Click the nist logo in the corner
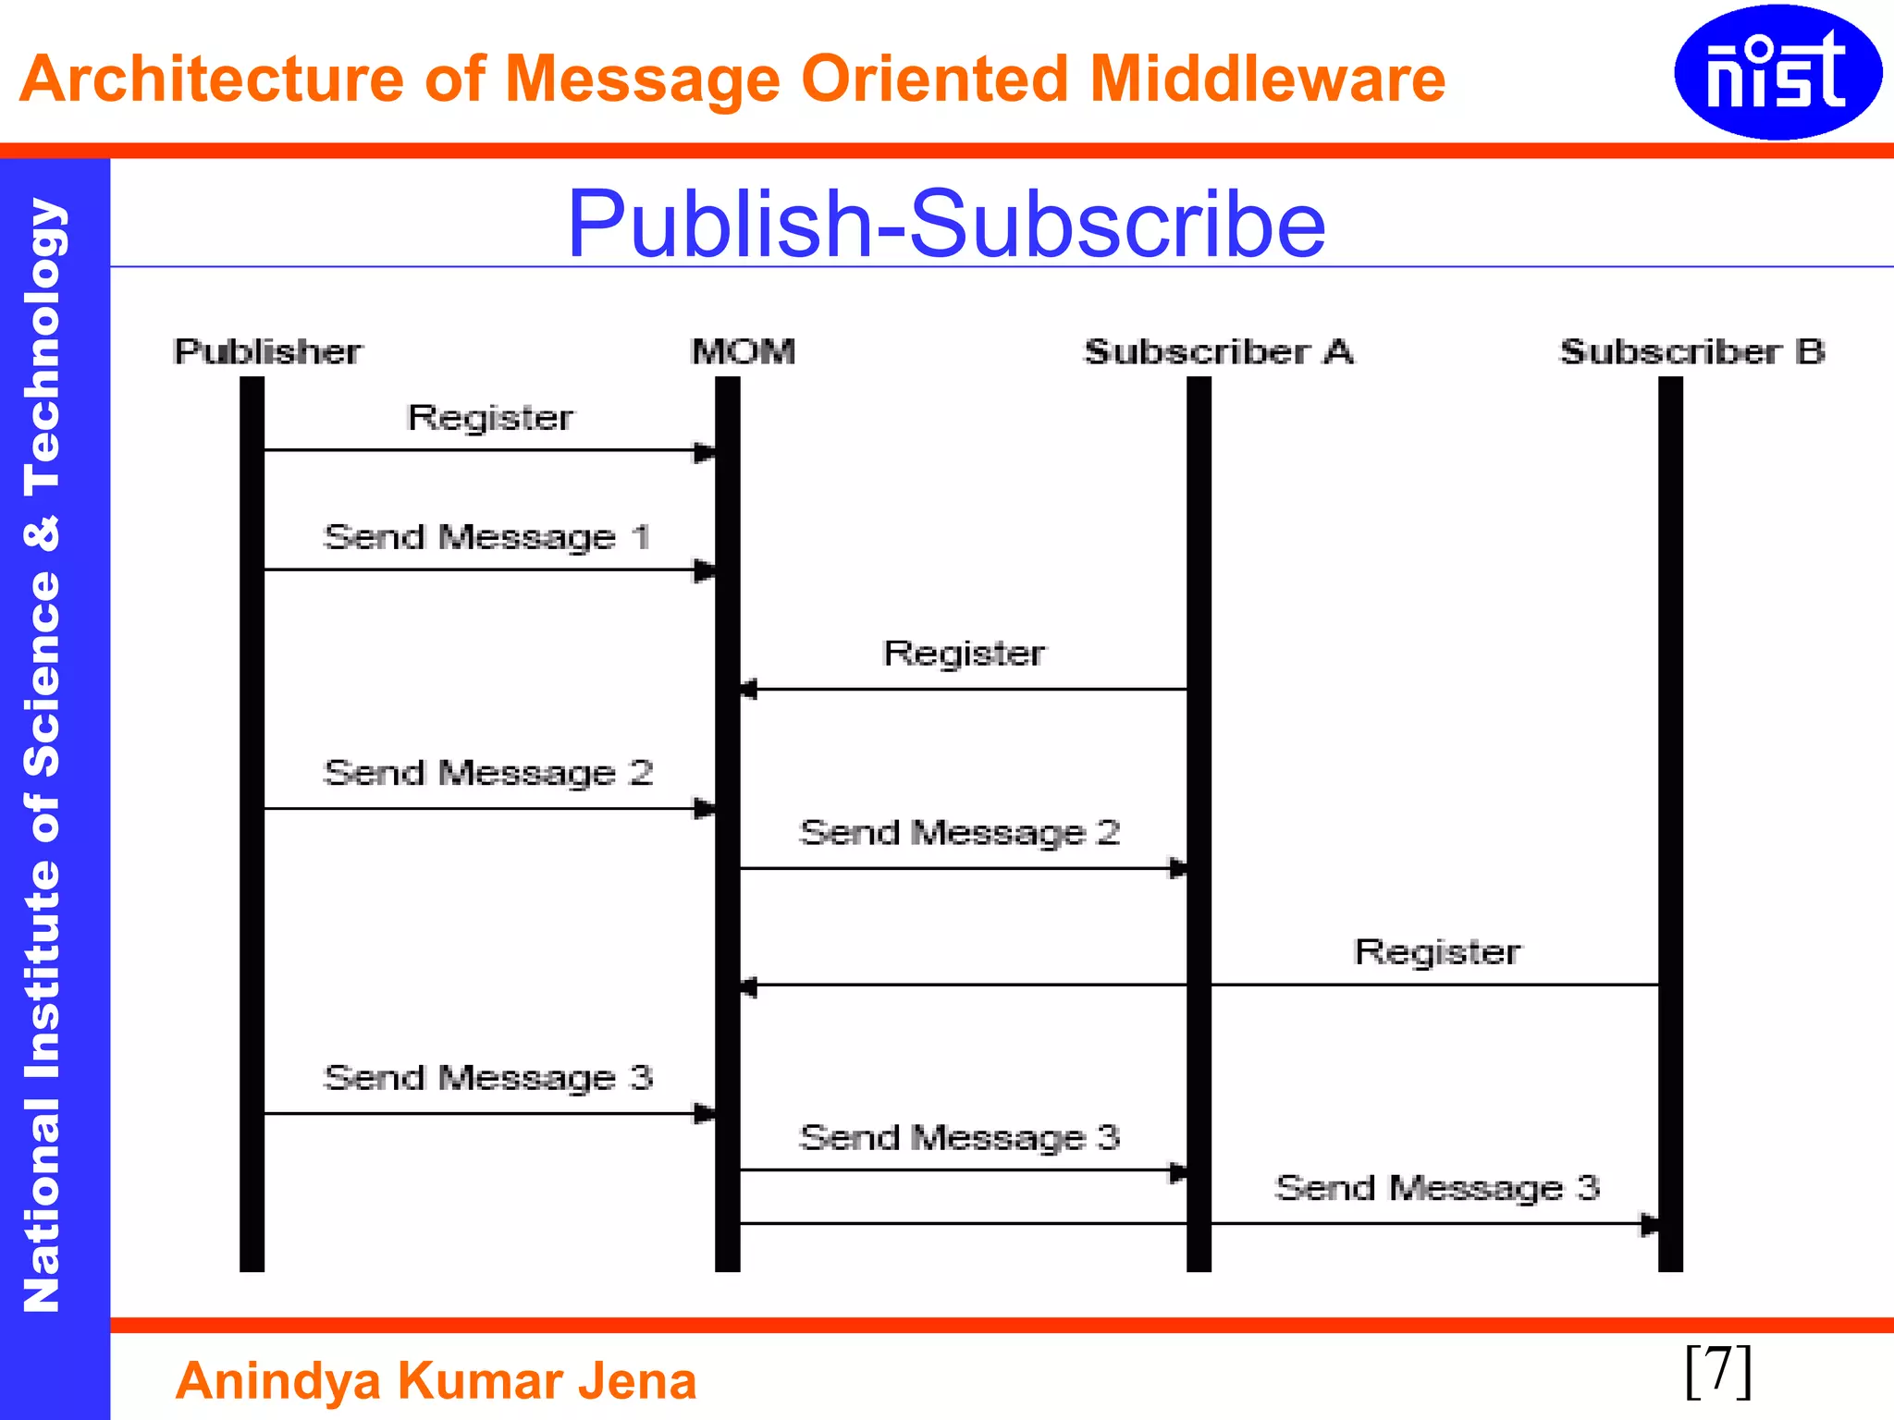pos(1777,72)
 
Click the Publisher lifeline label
pos(267,352)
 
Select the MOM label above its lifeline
pos(743,352)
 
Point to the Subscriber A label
pos(1218,352)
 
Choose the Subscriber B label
pos(1692,352)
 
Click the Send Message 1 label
pos(486,537)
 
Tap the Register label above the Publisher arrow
pos(490,418)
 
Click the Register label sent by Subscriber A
pos(964,654)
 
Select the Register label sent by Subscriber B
pos(1437,952)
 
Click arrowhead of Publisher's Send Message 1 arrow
pos(705,570)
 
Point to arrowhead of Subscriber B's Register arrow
pos(748,986)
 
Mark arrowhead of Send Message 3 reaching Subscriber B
pos(1649,1225)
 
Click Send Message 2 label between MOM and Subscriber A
pos(960,833)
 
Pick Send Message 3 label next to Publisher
pos(487,1078)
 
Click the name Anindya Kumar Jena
pos(436,1381)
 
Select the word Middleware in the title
pos(1267,79)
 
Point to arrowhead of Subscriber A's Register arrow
pos(748,690)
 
